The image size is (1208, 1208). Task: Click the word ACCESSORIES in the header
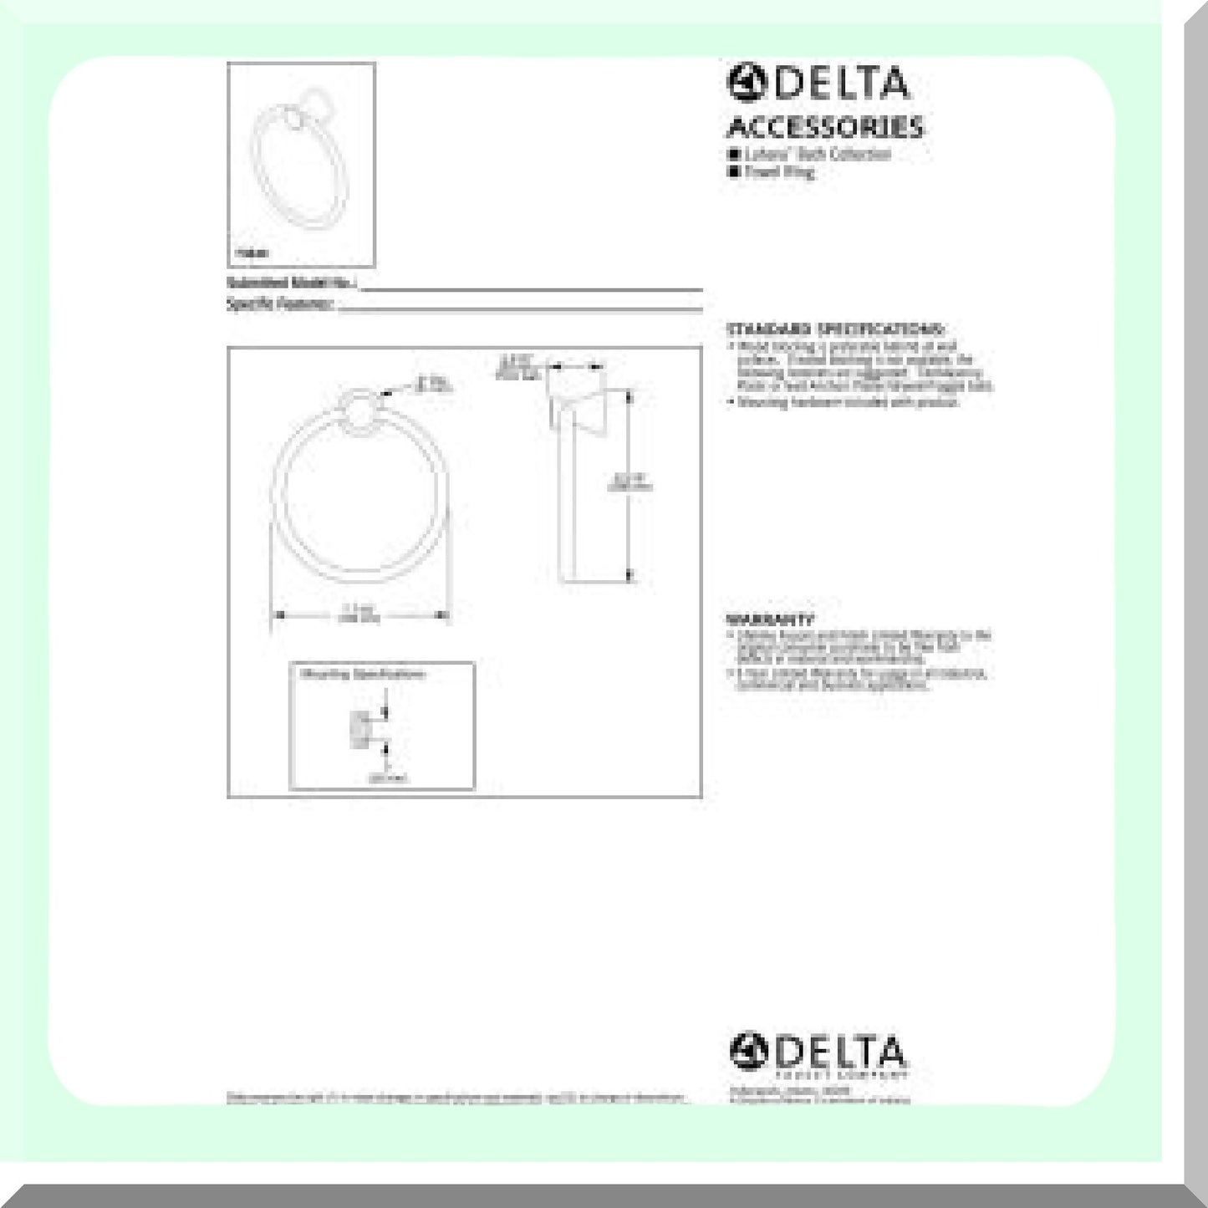pos(824,127)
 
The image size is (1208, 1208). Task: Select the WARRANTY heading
pos(770,619)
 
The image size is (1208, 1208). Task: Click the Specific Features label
pos(281,304)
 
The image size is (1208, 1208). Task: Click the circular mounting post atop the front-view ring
pos(362,415)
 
